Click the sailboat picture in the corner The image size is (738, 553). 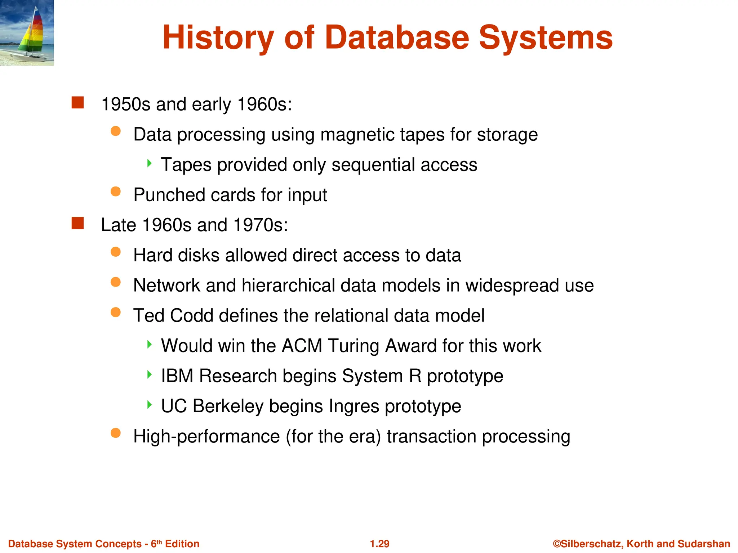click(27, 33)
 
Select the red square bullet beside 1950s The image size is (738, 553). click(77, 103)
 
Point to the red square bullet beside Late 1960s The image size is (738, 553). click(77, 223)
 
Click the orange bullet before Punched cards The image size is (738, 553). click(116, 192)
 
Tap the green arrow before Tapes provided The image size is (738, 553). click(149, 163)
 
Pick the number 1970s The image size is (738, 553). click(260, 225)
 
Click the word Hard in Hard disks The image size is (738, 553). click(153, 255)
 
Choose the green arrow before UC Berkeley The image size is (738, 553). click(149, 405)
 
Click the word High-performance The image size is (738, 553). click(206, 436)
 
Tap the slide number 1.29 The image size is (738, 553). click(379, 544)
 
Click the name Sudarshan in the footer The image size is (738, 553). click(704, 544)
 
